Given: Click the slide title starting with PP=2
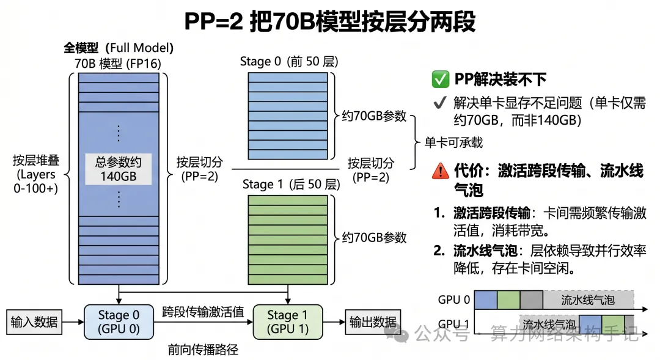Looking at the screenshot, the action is click(x=330, y=21).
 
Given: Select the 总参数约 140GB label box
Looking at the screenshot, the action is click(x=119, y=169).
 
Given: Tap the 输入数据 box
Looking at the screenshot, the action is click(x=34, y=322).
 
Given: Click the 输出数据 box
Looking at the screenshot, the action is click(x=373, y=322).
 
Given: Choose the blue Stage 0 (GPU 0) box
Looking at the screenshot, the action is click(x=119, y=322).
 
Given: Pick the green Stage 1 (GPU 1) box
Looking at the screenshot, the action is click(x=288, y=322).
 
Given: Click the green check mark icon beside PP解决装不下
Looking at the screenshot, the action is click(x=440, y=79).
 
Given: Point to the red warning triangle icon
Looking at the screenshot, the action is click(x=440, y=171).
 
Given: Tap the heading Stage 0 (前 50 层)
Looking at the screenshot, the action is click(x=289, y=62).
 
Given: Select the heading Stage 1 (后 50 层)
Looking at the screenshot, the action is click(x=291, y=185).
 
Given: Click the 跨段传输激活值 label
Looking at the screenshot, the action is click(x=203, y=312).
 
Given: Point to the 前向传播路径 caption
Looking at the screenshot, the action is click(x=203, y=350).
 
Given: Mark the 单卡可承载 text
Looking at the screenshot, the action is click(x=453, y=143).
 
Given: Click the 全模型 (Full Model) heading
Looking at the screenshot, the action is click(x=119, y=48).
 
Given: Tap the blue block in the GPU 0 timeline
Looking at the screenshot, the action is click(x=486, y=299).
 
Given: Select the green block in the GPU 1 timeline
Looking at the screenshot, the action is click(x=613, y=324).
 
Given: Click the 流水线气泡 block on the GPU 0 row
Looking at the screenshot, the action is click(x=588, y=299).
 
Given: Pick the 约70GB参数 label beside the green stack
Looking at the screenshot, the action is click(x=374, y=238).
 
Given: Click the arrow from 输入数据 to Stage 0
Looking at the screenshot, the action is click(x=73, y=322).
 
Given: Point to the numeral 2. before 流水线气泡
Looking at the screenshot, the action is click(x=439, y=251).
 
